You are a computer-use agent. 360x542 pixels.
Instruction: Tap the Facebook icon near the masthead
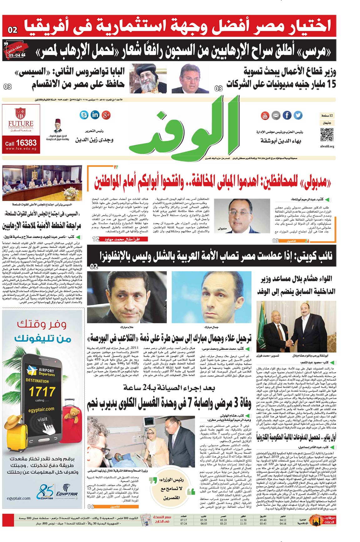tap(287, 115)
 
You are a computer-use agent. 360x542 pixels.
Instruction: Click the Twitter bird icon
tap(298, 115)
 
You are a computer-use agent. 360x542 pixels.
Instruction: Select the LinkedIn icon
tap(95, 115)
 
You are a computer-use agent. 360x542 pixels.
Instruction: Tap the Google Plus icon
tap(106, 115)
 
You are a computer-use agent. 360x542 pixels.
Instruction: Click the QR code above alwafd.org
tap(327, 135)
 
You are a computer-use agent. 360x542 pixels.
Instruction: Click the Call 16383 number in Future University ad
tap(21, 143)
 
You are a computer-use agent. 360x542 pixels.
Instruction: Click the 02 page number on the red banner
tap(13, 30)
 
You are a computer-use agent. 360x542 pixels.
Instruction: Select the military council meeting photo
tap(42, 183)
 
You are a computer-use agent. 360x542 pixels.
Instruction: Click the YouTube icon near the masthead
tap(265, 115)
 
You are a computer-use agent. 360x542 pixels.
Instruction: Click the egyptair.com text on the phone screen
tap(41, 409)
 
